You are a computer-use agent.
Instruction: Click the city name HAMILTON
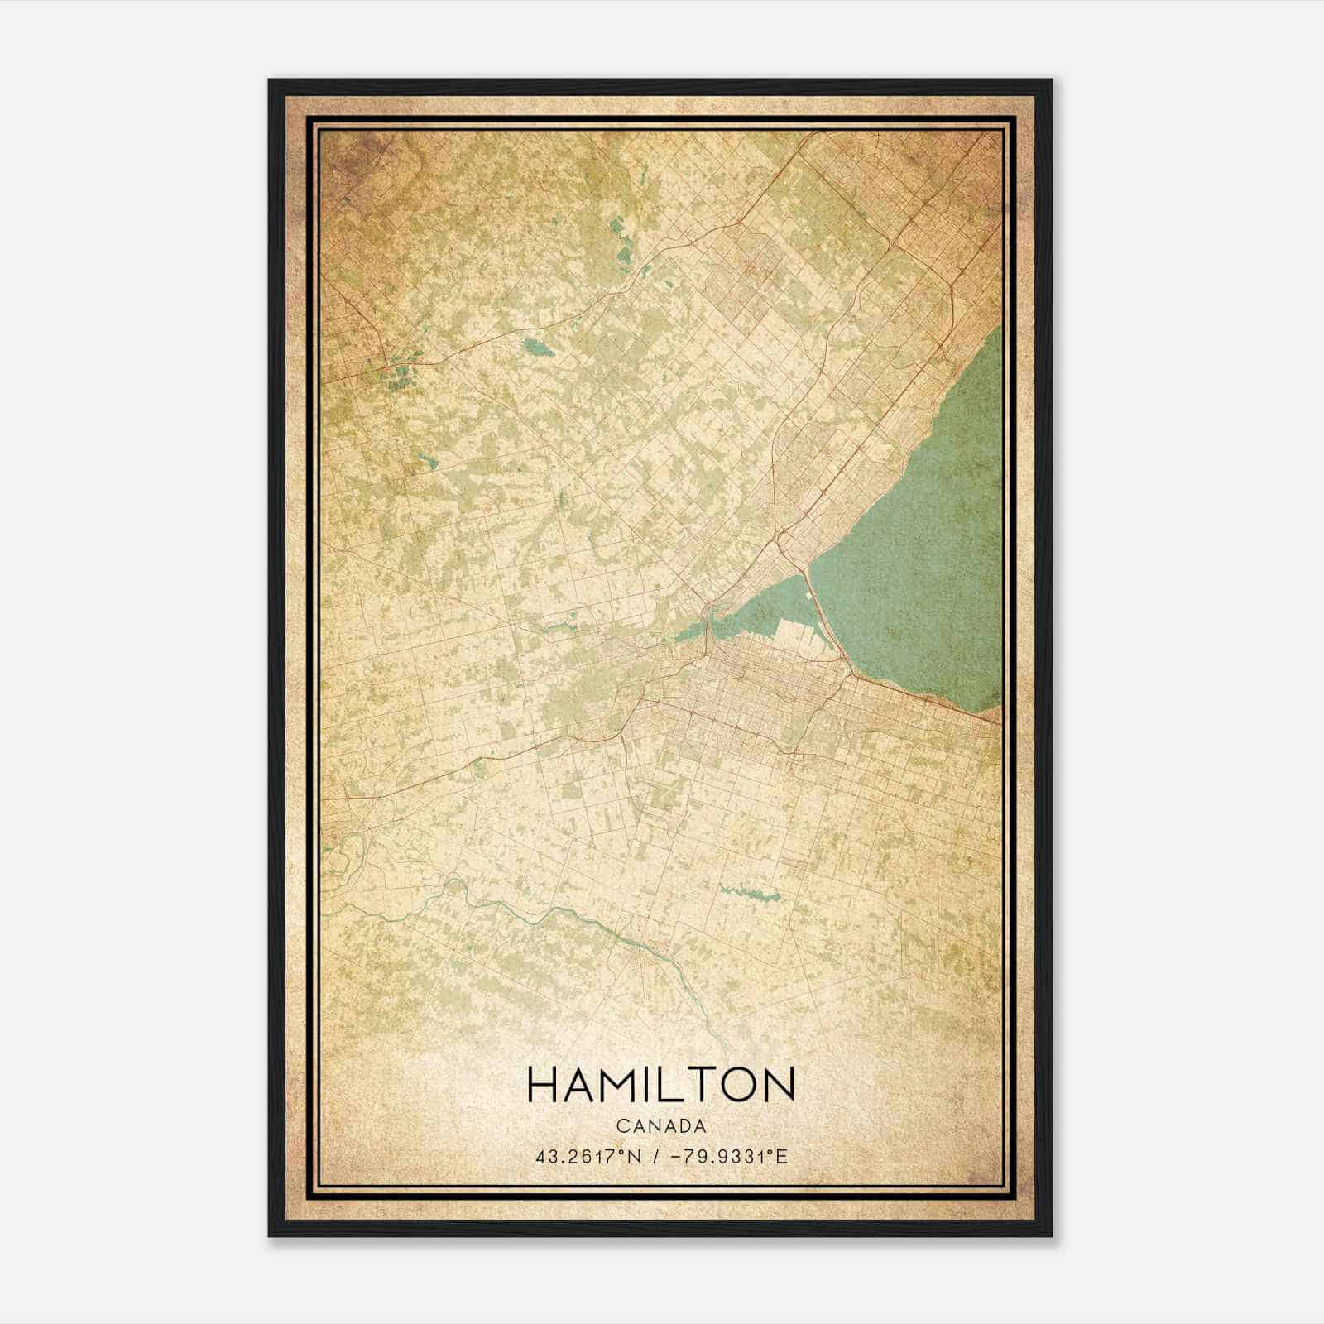pyautogui.click(x=660, y=1085)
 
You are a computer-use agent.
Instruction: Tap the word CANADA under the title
pyautogui.click(x=660, y=1126)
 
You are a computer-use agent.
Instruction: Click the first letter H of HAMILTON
pyautogui.click(x=542, y=1085)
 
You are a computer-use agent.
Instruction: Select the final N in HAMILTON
pyautogui.click(x=779, y=1085)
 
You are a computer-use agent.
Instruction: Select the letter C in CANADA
pyautogui.click(x=620, y=1126)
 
